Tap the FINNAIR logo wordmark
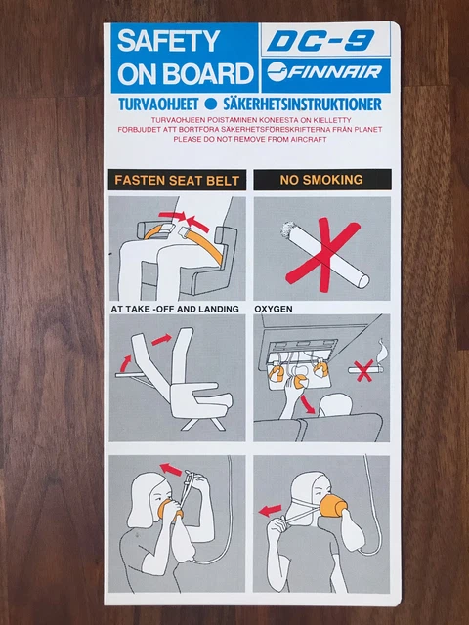(x=327, y=75)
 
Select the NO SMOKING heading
(x=310, y=180)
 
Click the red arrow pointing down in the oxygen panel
(x=309, y=401)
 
